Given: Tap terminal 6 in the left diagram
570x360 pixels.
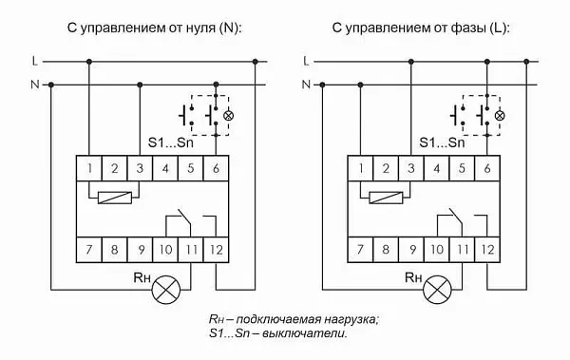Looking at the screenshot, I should click(x=218, y=169).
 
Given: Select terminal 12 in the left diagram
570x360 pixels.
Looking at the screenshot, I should click(x=218, y=251).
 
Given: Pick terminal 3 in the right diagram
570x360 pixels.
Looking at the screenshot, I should click(x=410, y=169).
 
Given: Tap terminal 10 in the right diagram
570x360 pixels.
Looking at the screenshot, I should click(x=436, y=251).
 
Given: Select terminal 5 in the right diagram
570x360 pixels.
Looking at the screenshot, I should click(x=462, y=169).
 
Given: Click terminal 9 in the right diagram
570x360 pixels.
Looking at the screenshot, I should click(x=410, y=251).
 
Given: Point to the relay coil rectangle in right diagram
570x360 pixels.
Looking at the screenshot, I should click(x=385, y=199).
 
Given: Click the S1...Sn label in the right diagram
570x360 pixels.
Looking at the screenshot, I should click(x=443, y=143).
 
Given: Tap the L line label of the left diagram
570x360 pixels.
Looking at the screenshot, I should click(x=35, y=62).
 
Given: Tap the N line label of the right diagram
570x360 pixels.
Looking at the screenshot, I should click(x=306, y=85).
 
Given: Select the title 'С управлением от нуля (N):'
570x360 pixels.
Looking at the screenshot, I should click(x=155, y=28).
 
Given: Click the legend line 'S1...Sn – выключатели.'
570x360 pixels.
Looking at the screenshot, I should click(x=277, y=335).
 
